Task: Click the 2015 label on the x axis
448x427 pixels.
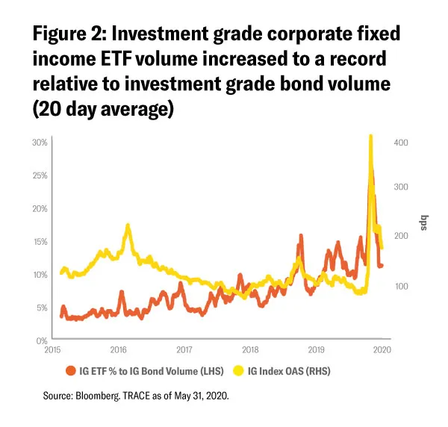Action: [52, 349]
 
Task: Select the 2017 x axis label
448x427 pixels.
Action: [184, 349]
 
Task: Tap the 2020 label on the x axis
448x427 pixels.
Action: [382, 349]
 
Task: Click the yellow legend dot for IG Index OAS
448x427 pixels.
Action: [239, 370]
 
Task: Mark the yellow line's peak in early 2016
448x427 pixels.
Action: [128, 225]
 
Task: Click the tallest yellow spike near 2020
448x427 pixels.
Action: [370, 137]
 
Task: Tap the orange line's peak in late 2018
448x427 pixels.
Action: [301, 236]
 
